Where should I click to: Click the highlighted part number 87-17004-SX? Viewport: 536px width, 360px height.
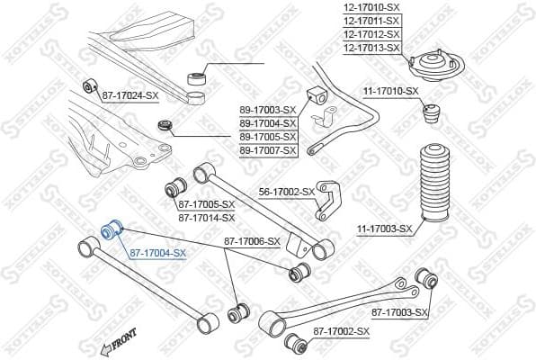[157, 254]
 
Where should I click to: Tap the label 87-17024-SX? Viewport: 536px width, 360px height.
[130, 94]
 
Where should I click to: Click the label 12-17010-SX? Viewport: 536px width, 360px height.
[371, 8]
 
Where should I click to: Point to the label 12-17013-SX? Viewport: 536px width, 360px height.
[371, 47]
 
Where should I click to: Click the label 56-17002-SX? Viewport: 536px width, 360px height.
[286, 192]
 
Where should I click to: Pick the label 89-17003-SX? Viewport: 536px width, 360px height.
[267, 110]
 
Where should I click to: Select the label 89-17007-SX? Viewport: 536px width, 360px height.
[267, 149]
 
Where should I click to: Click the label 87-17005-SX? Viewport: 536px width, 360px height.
[206, 204]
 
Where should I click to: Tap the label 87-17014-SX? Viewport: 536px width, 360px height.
[206, 217]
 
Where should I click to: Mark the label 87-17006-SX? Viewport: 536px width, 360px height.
[252, 241]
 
